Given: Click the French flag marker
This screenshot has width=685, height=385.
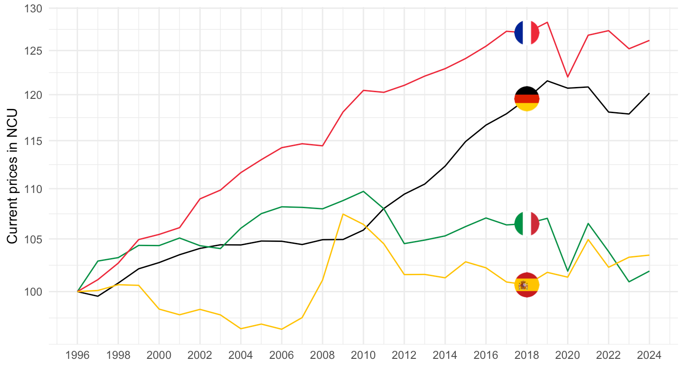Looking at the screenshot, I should (x=527, y=33).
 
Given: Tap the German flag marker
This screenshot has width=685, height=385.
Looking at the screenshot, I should (x=527, y=98).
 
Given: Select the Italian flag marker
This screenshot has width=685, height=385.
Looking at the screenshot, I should (x=527, y=224).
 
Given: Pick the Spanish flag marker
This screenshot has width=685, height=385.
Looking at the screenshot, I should (x=527, y=285).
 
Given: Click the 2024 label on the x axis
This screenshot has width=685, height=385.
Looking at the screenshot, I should (x=649, y=356).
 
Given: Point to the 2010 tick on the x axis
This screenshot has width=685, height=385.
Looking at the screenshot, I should (x=363, y=356).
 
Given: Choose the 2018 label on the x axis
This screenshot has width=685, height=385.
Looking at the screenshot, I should (x=527, y=356).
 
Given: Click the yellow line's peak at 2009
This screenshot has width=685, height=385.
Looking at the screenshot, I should (x=343, y=214).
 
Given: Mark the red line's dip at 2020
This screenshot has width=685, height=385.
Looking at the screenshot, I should (x=568, y=77).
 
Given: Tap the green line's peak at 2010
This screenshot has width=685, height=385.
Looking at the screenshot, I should (x=363, y=191).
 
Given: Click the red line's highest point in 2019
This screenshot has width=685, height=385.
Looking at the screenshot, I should (x=548, y=22).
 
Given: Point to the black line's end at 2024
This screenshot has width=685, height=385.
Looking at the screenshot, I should (x=649, y=93).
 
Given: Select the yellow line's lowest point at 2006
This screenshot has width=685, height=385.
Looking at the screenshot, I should (x=282, y=329).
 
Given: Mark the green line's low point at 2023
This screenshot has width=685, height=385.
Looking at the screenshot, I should (x=629, y=282).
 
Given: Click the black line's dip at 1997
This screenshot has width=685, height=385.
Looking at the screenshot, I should (x=98, y=296).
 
